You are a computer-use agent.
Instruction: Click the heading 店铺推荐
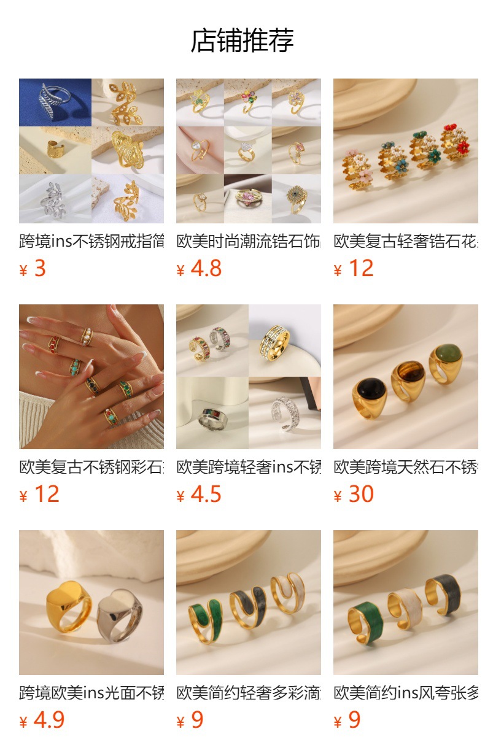242,40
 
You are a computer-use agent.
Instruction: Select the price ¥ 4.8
199,269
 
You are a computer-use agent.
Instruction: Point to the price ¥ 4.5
199,495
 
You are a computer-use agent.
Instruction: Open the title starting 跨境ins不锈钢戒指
91,241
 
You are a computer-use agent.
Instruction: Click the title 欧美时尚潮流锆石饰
248,241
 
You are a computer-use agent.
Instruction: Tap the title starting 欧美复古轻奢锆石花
405,241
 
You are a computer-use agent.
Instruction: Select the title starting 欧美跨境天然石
405,467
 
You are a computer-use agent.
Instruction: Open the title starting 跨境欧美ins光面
91,693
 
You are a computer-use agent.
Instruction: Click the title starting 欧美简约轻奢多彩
248,693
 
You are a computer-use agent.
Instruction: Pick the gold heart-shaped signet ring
68,604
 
